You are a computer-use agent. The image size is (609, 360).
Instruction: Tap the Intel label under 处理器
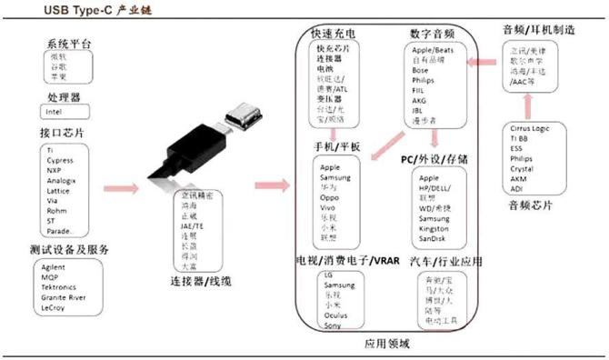(x=54, y=112)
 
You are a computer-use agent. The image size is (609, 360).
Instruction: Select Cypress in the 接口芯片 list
(x=60, y=159)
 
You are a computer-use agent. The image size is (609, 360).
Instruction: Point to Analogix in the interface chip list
(x=62, y=179)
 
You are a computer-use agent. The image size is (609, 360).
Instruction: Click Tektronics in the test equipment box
(x=65, y=286)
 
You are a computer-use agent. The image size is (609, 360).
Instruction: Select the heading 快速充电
(x=334, y=33)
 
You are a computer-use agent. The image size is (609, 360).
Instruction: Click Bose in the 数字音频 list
(x=421, y=70)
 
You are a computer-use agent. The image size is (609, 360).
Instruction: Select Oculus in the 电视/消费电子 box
(x=334, y=315)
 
